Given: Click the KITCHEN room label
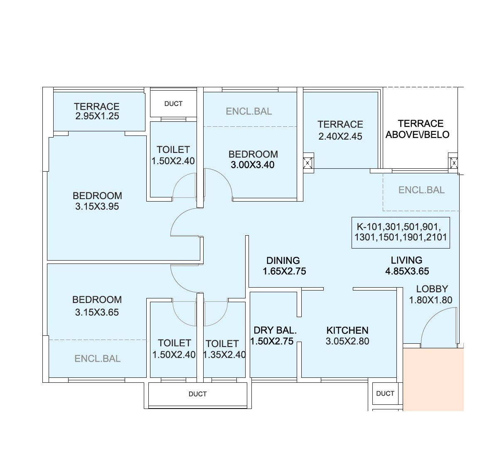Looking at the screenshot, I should [x=347, y=330].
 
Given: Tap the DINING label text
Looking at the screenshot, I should [x=283, y=261].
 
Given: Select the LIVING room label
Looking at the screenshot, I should [x=406, y=260].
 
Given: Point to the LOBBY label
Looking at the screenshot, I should [x=432, y=289].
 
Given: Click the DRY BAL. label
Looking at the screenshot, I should [x=275, y=330].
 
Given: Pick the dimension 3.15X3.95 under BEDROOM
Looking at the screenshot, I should [x=97, y=207].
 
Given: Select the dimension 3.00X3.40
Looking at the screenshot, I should [x=253, y=165].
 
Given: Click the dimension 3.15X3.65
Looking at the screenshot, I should [x=97, y=312].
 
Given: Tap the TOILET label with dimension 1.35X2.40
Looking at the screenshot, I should [x=222, y=344].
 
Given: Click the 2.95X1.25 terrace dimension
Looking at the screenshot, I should [x=97, y=116].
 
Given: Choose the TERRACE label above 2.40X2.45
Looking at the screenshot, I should [x=340, y=124].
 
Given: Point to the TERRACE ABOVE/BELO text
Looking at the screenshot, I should [x=418, y=129].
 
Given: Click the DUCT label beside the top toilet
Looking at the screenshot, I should [x=173, y=104].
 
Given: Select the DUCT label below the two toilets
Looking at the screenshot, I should [x=197, y=394].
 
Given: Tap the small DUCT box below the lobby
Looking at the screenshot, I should [x=385, y=394].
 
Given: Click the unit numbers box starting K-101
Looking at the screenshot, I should [x=400, y=232].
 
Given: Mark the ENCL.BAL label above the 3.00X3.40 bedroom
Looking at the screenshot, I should [x=249, y=111].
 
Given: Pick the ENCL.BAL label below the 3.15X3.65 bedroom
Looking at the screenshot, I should [x=98, y=359].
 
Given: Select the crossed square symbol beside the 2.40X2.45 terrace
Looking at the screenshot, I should [x=308, y=163].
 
